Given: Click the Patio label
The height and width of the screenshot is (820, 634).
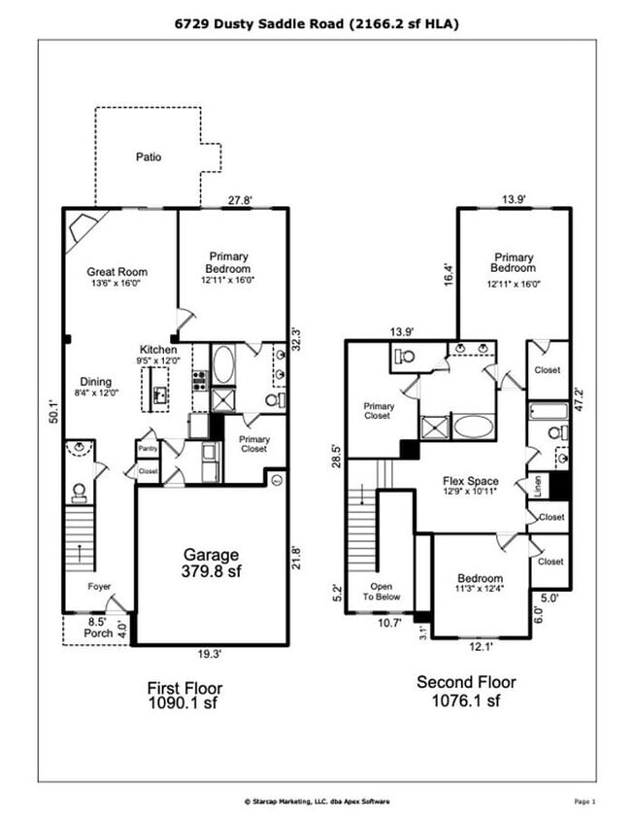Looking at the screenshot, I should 149,155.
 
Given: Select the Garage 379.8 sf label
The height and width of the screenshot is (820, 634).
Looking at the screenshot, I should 210,564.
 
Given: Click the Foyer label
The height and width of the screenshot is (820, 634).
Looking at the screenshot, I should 99,587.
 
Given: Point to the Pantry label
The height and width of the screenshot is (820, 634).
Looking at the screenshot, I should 147,449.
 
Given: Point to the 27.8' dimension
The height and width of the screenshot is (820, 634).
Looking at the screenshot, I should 240,201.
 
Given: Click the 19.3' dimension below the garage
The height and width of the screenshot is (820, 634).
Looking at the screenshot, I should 211,655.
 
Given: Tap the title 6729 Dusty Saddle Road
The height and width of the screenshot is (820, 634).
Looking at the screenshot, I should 317,22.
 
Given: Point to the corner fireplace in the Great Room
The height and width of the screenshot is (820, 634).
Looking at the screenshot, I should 81,230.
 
